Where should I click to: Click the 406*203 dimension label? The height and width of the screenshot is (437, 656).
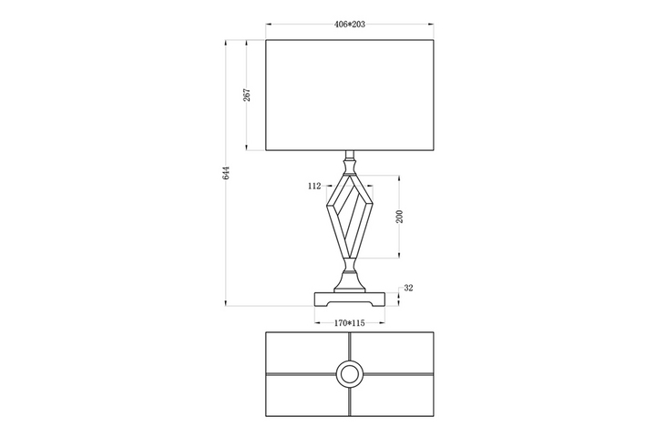(349, 25)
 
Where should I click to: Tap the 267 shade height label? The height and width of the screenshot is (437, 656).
(247, 95)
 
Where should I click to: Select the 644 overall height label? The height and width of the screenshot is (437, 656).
(226, 173)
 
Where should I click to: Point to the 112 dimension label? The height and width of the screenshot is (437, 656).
(314, 186)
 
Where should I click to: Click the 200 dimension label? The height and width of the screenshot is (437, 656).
(400, 216)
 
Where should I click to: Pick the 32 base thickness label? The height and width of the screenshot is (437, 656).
(408, 288)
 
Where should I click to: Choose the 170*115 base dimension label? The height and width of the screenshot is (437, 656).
(349, 323)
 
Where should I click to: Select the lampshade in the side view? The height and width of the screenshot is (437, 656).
(350, 95)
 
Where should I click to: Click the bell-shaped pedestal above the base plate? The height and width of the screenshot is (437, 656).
(350, 281)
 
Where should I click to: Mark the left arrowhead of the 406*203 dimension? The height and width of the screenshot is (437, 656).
(269, 25)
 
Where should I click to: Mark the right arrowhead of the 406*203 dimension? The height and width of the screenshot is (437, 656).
(431, 25)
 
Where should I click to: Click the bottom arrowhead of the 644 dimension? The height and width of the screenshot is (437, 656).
(226, 303)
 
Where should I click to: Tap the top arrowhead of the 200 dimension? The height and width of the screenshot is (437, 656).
(400, 178)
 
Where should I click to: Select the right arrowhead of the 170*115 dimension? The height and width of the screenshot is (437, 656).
(382, 323)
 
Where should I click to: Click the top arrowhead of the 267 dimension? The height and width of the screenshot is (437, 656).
(247, 43)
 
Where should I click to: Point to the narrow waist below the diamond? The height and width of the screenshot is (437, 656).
(350, 264)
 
